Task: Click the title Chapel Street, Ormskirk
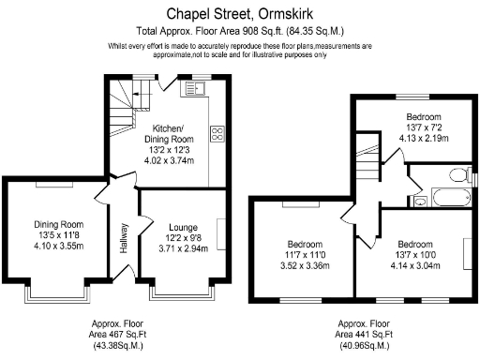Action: [x=239, y=13]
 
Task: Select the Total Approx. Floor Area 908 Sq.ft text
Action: [x=239, y=30]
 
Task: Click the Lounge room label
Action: [x=183, y=227]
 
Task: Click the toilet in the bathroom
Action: [x=457, y=174]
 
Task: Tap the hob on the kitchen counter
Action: [x=217, y=134]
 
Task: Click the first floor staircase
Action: [x=371, y=165]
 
